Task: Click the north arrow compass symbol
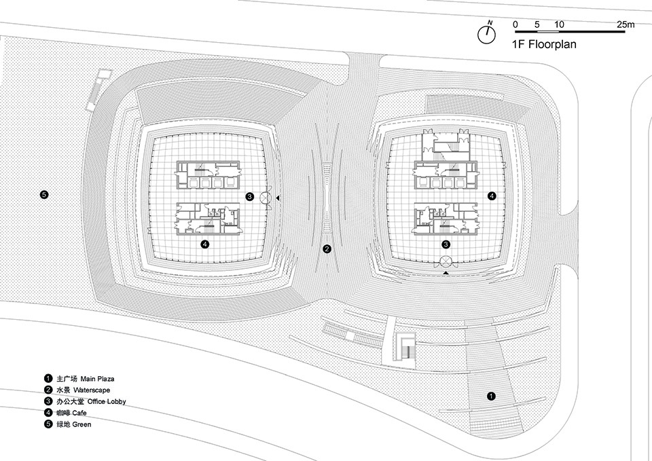[486, 33]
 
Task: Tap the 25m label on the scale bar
[626, 24]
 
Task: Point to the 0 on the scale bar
[515, 24]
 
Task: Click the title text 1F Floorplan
[544, 44]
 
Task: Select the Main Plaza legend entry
[79, 379]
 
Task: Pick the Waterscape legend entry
[77, 390]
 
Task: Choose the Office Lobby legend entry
[85, 401]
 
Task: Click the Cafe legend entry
[65, 413]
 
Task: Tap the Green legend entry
[67, 424]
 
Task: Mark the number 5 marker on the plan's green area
[44, 194]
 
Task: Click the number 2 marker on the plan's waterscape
[327, 249]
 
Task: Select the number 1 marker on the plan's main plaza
[491, 396]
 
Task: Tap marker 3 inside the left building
[249, 197]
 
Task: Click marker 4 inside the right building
[492, 196]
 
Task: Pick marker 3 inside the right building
[446, 244]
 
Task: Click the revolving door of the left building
[266, 198]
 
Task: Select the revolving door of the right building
[446, 261]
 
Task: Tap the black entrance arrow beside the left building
[277, 198]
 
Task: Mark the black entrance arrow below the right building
[446, 273]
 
